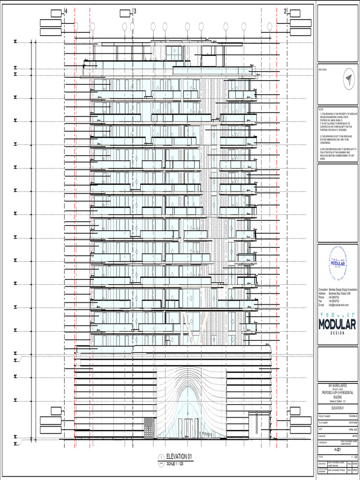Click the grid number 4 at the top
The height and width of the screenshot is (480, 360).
coord(66,11)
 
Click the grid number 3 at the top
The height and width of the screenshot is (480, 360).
coord(135,11)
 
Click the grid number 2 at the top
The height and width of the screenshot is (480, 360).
coord(285,11)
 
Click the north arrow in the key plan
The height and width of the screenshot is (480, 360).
coord(347,78)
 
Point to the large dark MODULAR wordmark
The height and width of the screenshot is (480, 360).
coord(337,324)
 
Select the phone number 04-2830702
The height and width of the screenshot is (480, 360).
coord(335,298)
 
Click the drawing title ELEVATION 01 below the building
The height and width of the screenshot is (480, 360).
coord(176,457)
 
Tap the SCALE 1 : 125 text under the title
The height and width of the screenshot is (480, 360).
coord(177,463)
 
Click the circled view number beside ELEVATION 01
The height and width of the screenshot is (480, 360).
coord(161,457)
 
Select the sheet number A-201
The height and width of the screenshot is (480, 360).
coord(337,449)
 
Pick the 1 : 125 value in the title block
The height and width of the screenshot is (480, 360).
coord(352,456)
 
